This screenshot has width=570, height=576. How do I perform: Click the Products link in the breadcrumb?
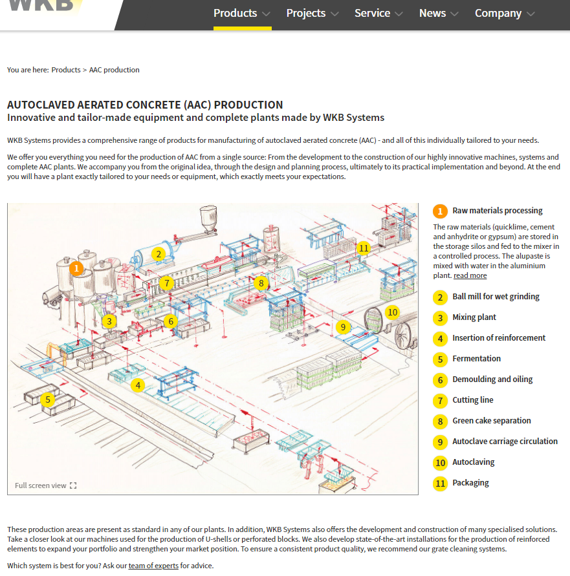pos(66,70)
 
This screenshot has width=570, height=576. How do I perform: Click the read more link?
pos(470,275)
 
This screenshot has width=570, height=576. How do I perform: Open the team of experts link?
pos(153,566)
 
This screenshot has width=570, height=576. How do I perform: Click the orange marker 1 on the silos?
pos(77,268)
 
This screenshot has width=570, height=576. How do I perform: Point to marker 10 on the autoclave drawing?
pos(392,312)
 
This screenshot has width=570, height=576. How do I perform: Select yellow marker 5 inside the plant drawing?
pos(47,400)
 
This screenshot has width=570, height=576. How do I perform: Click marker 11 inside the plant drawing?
pos(364,248)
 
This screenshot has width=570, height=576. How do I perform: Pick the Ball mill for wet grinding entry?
pos(496,297)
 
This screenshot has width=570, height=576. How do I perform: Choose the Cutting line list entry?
pos(472,400)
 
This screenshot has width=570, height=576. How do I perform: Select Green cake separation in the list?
pos(491,421)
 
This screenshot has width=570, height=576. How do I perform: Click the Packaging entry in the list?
pos(470,483)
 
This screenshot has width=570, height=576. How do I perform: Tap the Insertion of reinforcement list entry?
pos(498,338)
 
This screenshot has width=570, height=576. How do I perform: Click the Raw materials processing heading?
pos(497,211)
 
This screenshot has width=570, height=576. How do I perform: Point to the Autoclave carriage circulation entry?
pos(505,442)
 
